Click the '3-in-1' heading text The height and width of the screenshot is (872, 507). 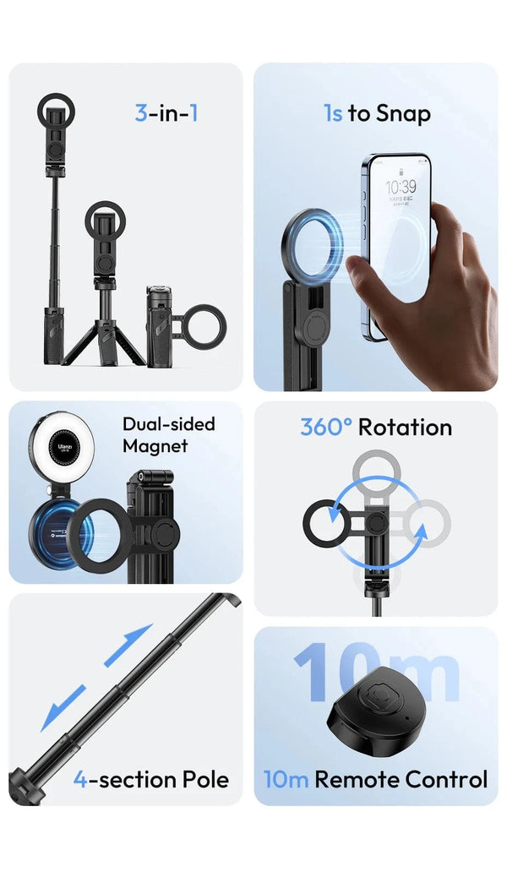166,112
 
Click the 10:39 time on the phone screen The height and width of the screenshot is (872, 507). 401,186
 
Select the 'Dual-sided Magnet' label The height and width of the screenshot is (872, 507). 169,434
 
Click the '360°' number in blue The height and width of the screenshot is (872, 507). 326,427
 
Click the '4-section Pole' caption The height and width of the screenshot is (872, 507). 150,779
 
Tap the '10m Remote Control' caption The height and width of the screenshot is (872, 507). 375,779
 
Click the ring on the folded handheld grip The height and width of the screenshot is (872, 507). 201,325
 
